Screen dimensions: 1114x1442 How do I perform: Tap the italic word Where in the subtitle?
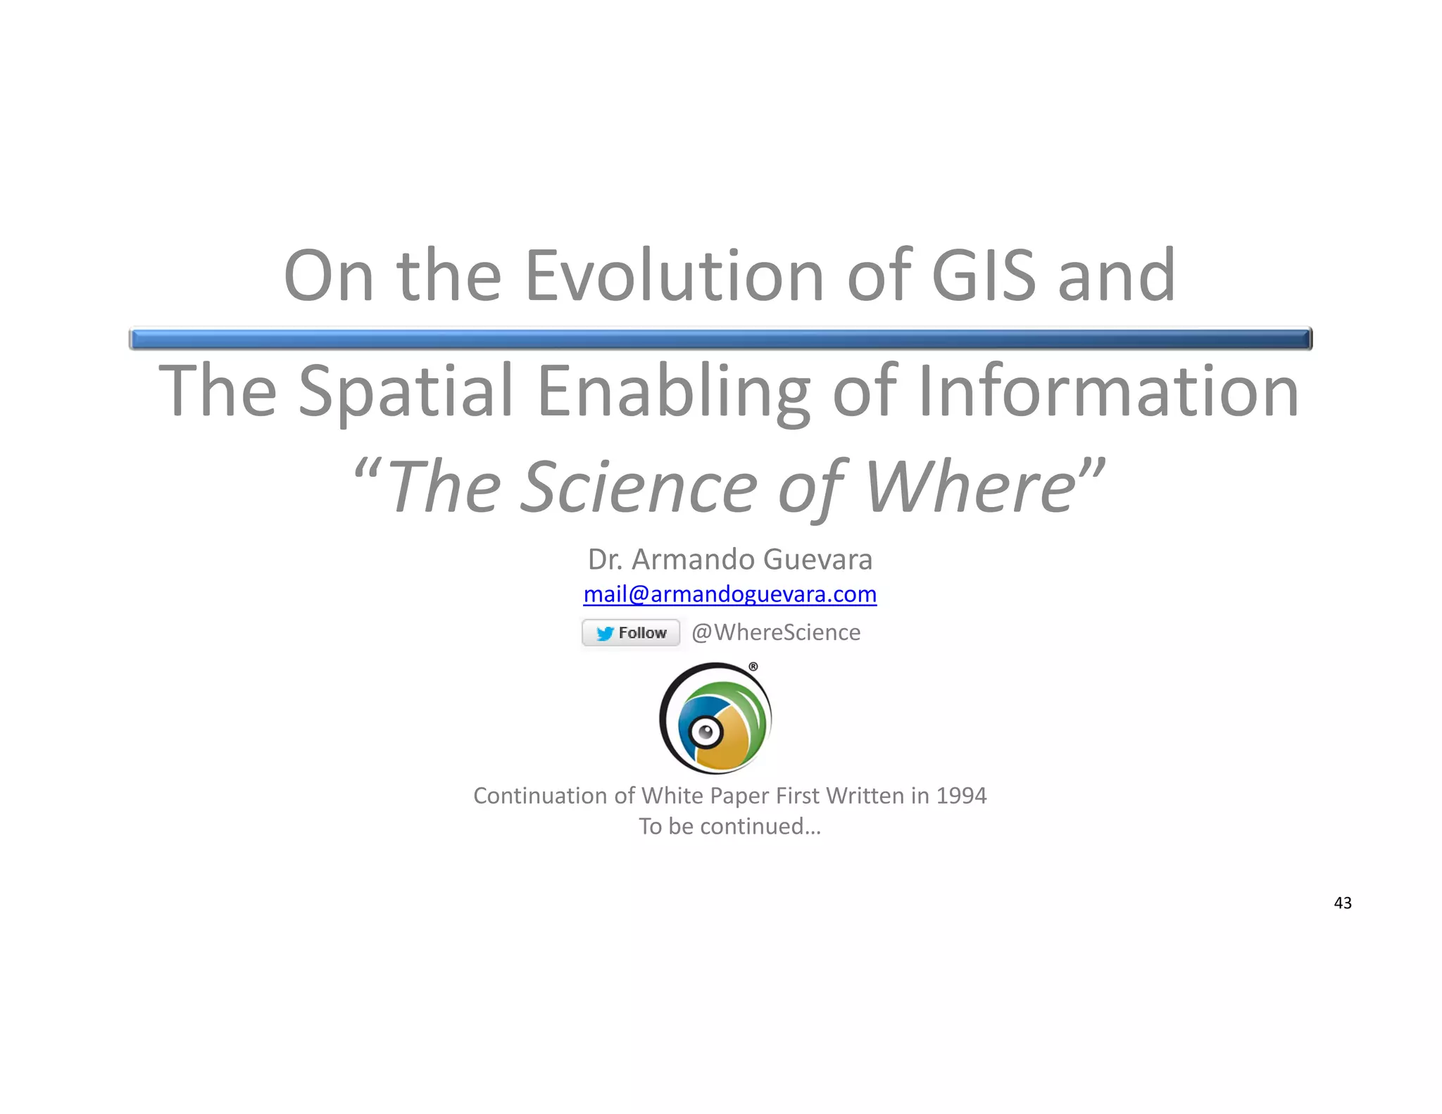pyautogui.click(x=970, y=487)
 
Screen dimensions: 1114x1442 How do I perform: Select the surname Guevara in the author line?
pyautogui.click(x=817, y=560)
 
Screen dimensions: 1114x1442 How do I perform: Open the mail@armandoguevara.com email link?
pyautogui.click(x=730, y=594)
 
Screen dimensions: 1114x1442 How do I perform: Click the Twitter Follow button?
pyautogui.click(x=631, y=632)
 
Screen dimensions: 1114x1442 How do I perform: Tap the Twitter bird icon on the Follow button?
pyautogui.click(x=604, y=633)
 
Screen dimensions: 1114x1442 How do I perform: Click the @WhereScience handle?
pyautogui.click(x=776, y=632)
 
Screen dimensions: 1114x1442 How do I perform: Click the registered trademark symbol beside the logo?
pyautogui.click(x=753, y=666)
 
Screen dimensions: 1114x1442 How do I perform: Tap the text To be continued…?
pyautogui.click(x=730, y=826)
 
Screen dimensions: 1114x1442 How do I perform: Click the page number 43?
pyautogui.click(x=1343, y=903)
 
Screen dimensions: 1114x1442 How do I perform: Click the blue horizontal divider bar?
pyautogui.click(x=720, y=339)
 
